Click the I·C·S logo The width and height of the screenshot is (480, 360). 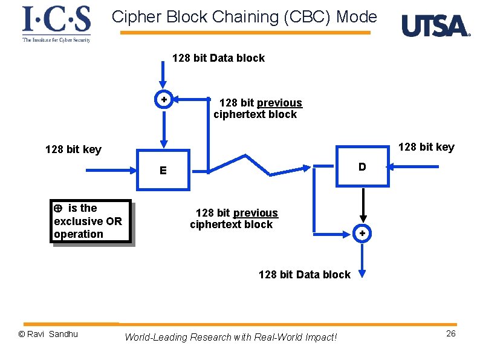click(56, 23)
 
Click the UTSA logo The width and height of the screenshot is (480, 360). click(435, 26)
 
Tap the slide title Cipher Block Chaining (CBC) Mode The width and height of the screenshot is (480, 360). click(244, 17)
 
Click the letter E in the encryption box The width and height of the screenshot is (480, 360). click(163, 171)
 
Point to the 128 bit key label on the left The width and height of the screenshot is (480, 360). click(73, 149)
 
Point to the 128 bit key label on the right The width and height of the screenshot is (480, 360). click(426, 147)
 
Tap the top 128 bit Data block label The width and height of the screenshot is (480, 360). click(218, 58)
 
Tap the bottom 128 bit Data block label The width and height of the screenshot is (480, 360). click(304, 275)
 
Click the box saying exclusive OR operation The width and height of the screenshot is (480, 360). click(91, 221)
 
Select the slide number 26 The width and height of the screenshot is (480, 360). click(450, 334)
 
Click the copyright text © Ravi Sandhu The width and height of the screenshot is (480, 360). click(48, 334)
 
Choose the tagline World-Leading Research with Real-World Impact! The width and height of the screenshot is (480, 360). click(230, 337)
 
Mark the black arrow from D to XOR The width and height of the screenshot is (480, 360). click(362, 206)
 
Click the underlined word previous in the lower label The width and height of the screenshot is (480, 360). click(255, 213)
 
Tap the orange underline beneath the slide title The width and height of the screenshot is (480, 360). click(245, 33)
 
